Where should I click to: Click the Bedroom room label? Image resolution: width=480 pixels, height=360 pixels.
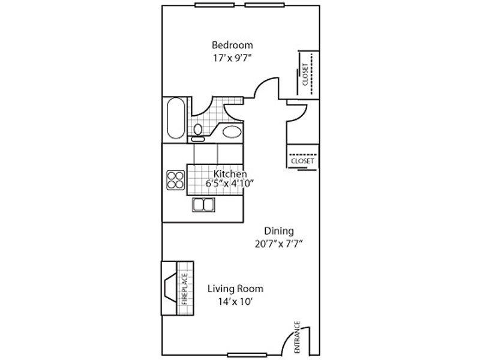coord(232,45)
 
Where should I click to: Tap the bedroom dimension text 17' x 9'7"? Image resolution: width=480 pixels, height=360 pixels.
coord(232,58)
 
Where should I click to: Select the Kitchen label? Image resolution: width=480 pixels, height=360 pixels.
coord(230,174)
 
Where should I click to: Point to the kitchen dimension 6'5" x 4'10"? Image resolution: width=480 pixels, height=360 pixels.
coord(230,184)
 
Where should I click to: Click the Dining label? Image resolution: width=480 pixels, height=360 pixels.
coord(279,231)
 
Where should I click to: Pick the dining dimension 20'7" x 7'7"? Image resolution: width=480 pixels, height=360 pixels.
coord(279,244)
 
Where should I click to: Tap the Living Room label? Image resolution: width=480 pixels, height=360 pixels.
coord(235,289)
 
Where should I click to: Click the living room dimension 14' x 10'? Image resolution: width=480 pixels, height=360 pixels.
coord(235,302)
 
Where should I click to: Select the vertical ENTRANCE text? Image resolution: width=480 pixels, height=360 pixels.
coord(297,337)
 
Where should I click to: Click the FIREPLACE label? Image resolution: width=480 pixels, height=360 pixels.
coord(185,289)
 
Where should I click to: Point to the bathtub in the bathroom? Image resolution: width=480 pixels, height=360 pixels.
coord(176,118)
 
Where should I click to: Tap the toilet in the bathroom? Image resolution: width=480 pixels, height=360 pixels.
coord(198,133)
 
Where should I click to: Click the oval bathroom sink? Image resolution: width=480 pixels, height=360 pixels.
coord(232,132)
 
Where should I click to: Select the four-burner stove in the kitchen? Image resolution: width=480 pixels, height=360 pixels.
coord(176,180)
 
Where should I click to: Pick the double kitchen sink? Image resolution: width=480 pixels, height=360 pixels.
coord(203,205)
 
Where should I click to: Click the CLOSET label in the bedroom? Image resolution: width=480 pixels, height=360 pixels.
coord(305,74)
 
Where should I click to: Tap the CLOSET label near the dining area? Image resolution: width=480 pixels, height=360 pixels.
coord(302,161)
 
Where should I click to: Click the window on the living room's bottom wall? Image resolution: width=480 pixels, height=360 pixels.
coord(247,355)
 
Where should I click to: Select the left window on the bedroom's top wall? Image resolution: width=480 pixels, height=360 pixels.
coord(215,5)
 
